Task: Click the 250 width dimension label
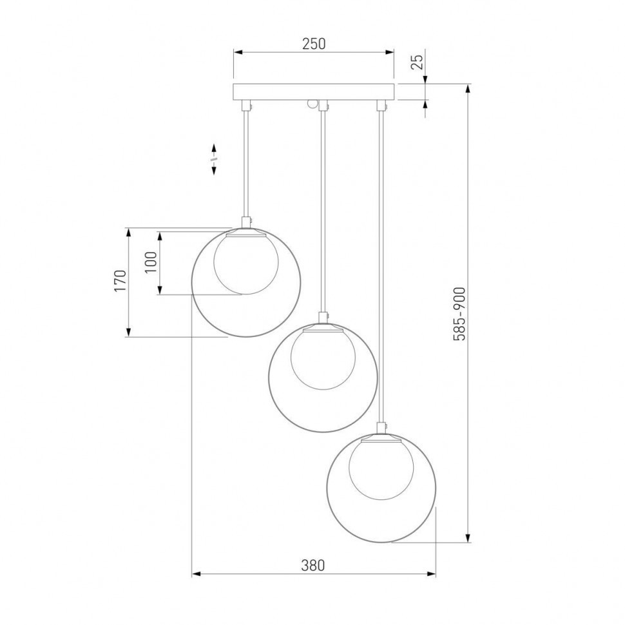point(314,44)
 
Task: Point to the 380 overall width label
point(313,565)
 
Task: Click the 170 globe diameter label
point(120,281)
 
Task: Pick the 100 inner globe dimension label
point(151,262)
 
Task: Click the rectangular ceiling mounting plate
point(313,91)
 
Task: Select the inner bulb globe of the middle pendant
point(323,360)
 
